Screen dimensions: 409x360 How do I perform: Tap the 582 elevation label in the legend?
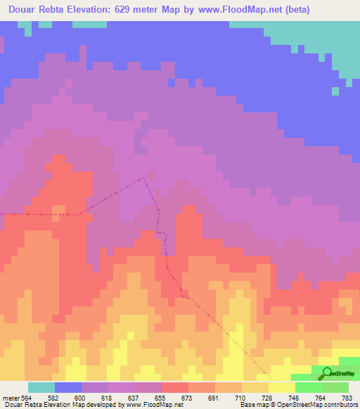(x=54, y=398)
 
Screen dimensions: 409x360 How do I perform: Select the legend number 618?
(x=108, y=398)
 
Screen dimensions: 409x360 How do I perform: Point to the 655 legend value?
(x=161, y=398)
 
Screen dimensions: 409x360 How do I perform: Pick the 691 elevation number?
(x=214, y=398)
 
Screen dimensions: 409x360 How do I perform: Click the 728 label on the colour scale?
(x=268, y=398)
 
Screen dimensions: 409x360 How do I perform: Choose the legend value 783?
(x=347, y=398)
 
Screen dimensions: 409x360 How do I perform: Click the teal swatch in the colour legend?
(x=41, y=387)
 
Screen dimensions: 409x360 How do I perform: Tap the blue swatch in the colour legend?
(x=68, y=387)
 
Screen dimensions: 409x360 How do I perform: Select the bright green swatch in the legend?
(x=309, y=387)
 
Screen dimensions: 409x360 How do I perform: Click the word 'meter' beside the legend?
(x=11, y=398)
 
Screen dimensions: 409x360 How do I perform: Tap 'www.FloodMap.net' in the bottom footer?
(x=150, y=405)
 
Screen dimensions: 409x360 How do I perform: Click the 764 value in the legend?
(x=321, y=398)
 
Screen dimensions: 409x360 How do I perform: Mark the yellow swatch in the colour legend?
(x=282, y=387)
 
